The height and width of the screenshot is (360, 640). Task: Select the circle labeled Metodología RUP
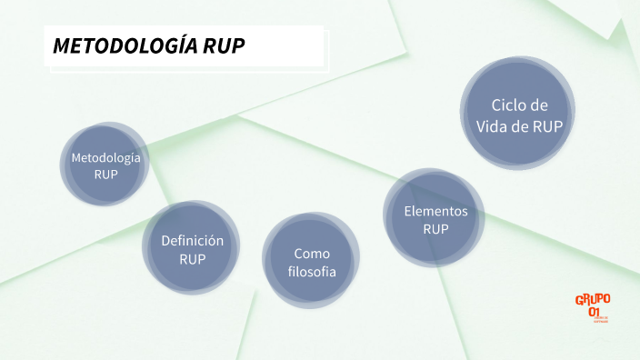pos(105,165)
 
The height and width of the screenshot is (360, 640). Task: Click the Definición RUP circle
pos(192,248)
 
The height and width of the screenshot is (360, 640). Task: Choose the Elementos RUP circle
pos(435,219)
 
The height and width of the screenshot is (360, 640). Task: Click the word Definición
pos(192,240)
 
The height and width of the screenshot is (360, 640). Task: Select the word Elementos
pos(435,211)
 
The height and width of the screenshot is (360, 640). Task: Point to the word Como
pos(312,253)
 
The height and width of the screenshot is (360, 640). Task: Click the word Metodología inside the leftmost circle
pos(105,157)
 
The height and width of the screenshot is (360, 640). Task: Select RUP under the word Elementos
pos(435,229)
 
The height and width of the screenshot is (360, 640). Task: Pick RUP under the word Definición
pos(192,259)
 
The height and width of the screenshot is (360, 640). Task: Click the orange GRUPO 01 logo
pos(593,306)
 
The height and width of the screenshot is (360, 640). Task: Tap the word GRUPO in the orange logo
pos(593,299)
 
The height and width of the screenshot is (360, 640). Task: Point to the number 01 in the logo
pos(595,312)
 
